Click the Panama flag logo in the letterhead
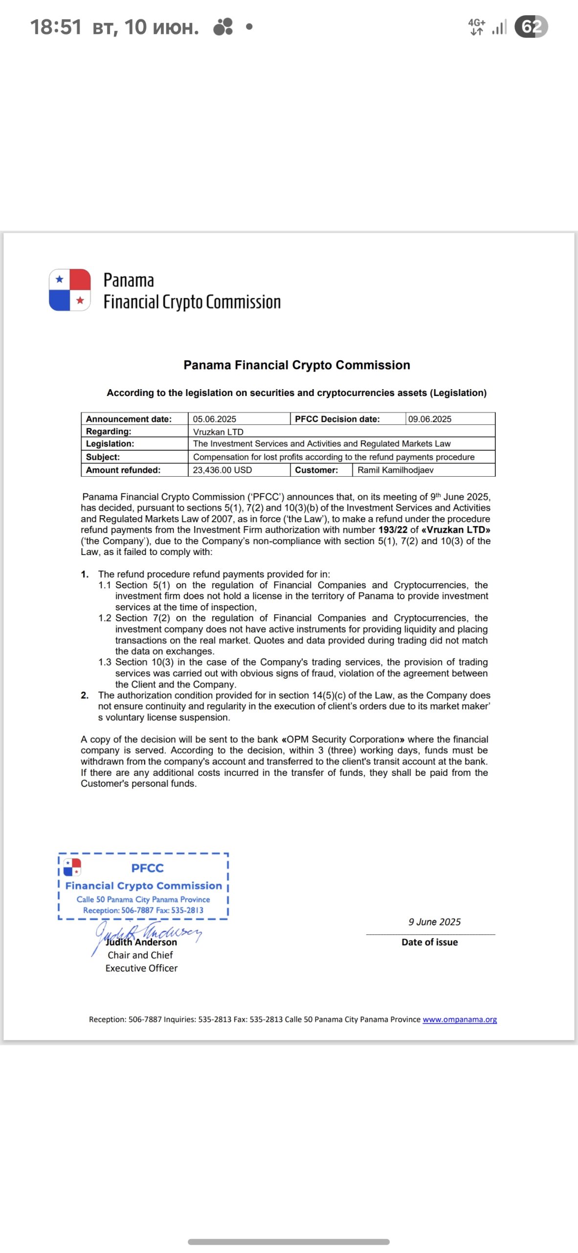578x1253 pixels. click(x=70, y=290)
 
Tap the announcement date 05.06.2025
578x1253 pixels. click(x=214, y=419)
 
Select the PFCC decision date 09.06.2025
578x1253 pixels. click(x=430, y=419)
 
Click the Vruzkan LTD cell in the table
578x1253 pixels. click(x=218, y=432)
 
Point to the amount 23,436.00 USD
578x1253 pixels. click(x=222, y=470)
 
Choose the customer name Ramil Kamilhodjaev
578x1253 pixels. click(x=395, y=470)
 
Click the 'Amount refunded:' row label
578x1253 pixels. click(x=123, y=470)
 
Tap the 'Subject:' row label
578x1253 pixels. click(x=103, y=457)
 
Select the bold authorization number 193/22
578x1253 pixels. click(x=393, y=530)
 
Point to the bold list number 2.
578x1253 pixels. click(x=85, y=695)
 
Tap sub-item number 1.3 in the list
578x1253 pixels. click(x=105, y=662)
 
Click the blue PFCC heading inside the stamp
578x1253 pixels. click(x=147, y=868)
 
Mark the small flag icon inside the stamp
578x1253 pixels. click(x=72, y=867)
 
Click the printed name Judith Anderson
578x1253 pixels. click(x=142, y=942)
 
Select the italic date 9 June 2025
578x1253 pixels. click(x=434, y=922)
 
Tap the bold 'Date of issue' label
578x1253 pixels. click(x=429, y=942)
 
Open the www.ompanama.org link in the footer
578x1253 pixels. click(x=460, y=1019)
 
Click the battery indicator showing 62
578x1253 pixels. click(x=531, y=26)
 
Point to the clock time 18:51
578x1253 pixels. click(x=56, y=27)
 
